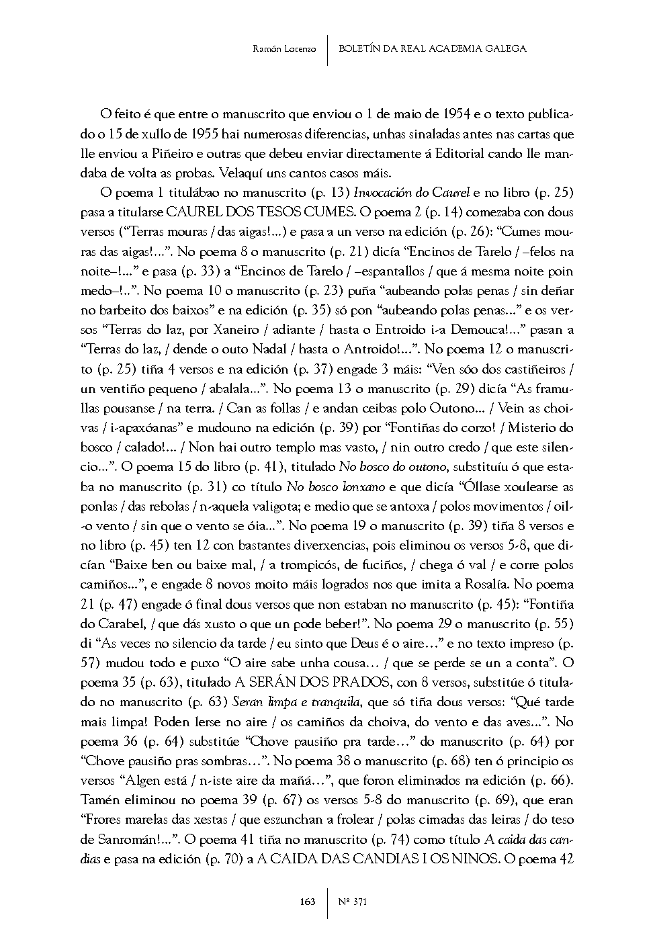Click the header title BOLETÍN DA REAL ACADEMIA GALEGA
point(433,48)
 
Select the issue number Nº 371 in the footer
point(353,902)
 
